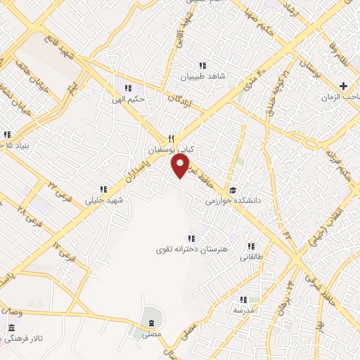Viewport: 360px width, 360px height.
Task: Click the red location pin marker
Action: (x=181, y=166)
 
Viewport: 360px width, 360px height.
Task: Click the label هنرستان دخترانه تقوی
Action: (x=190, y=249)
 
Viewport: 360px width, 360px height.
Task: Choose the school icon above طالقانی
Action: (x=250, y=246)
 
